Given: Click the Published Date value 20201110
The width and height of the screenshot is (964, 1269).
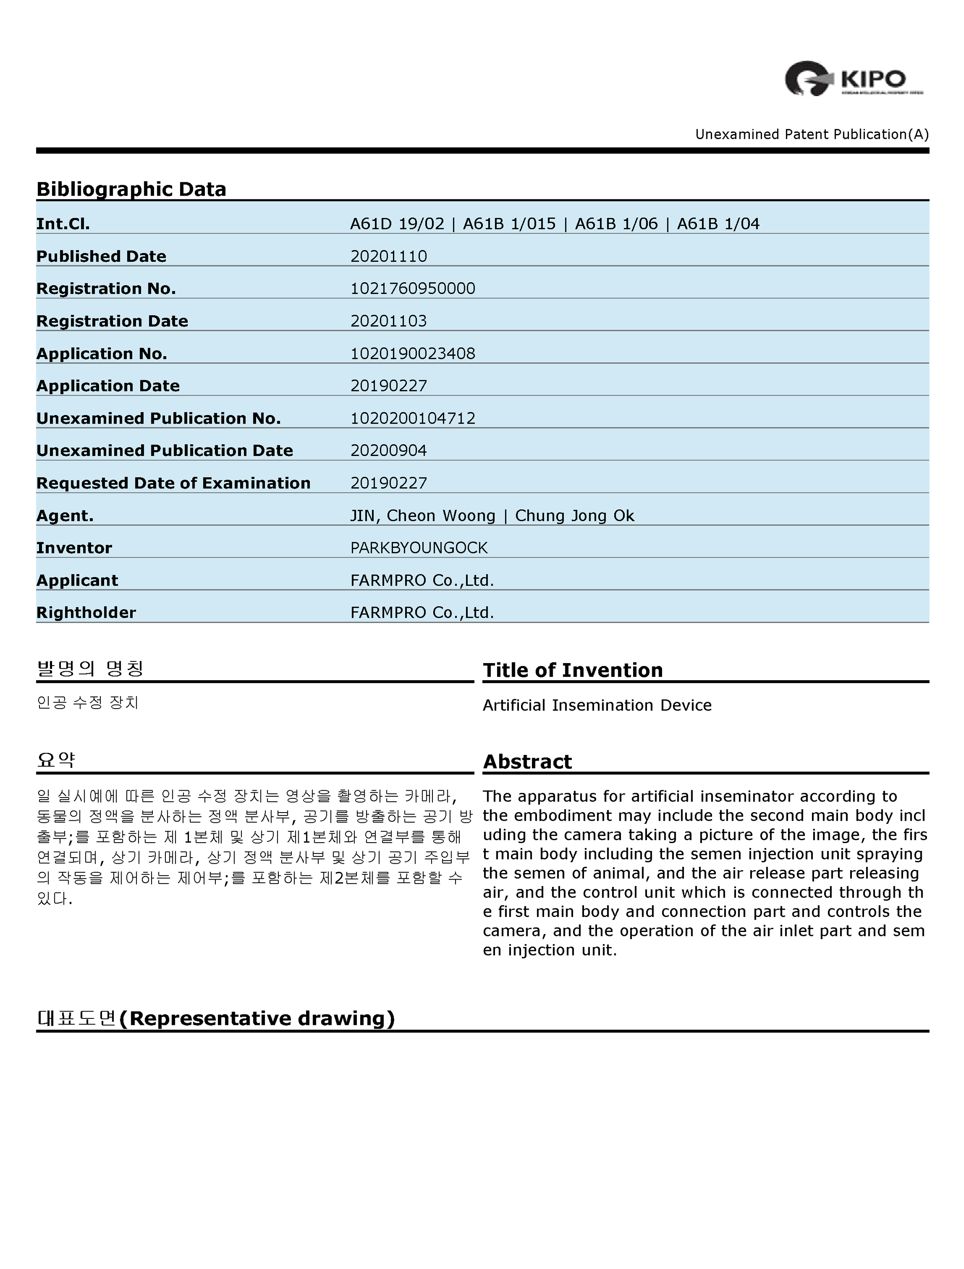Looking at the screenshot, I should (388, 256).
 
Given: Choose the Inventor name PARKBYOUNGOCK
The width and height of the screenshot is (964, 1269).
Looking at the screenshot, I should (419, 548).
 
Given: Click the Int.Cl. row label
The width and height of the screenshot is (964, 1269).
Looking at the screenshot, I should (63, 224).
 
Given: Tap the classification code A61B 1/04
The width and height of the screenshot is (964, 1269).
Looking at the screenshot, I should (718, 224).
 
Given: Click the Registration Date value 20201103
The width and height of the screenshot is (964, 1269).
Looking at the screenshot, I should (388, 321).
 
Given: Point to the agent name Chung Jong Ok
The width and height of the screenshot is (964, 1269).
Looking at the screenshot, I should (574, 516).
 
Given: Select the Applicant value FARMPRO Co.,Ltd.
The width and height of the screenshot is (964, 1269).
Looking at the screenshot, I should (422, 581).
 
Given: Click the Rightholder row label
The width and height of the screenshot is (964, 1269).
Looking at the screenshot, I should (86, 613).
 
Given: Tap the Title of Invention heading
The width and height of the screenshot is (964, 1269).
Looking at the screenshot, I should (573, 670).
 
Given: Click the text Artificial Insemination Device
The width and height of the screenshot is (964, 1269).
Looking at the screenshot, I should (597, 705).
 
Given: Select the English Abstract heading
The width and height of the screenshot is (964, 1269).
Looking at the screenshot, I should (527, 761).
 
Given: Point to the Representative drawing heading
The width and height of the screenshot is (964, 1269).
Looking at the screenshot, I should (216, 1018).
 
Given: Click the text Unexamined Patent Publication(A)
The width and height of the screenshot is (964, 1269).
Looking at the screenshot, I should (811, 134).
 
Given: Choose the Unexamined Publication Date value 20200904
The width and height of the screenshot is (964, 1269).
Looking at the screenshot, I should (388, 450).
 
